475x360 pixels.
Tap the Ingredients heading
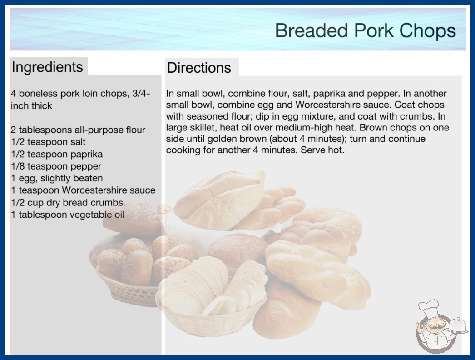point(47,67)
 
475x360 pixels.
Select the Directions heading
point(199,68)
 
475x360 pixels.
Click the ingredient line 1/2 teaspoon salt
point(48,142)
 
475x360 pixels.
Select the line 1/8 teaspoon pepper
point(56,166)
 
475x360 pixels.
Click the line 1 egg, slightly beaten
point(57,178)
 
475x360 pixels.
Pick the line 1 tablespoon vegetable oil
point(68,215)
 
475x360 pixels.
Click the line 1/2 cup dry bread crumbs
point(67,203)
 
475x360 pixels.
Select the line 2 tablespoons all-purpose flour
point(78,130)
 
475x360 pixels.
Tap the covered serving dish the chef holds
point(457,326)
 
